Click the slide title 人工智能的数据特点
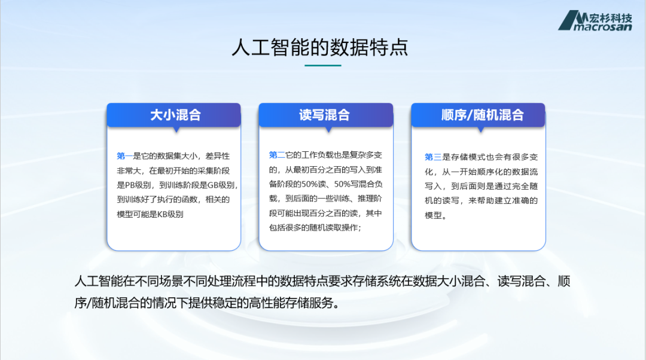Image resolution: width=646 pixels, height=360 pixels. (x=319, y=47)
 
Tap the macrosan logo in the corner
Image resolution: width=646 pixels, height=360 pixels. (x=595, y=20)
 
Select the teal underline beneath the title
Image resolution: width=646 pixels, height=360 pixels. (x=322, y=65)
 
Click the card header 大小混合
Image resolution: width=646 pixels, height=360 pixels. (x=175, y=114)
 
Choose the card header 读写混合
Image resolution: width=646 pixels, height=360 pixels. (x=325, y=114)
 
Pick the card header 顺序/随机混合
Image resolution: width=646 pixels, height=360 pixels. (x=483, y=114)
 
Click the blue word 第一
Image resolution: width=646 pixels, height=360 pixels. (x=124, y=156)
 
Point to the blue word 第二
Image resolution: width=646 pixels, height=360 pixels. (x=277, y=155)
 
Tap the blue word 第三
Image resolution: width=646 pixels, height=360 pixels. (x=432, y=157)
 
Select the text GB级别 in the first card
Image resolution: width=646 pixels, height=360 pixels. (x=221, y=185)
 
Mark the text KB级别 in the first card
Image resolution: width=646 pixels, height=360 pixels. (x=170, y=214)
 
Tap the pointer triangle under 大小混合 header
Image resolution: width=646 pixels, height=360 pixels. (x=176, y=129)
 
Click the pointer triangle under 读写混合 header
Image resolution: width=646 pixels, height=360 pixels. (x=328, y=129)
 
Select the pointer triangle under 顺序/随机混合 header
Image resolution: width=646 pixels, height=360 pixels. (x=481, y=129)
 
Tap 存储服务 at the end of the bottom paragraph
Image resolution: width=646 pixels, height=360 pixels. (x=309, y=303)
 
